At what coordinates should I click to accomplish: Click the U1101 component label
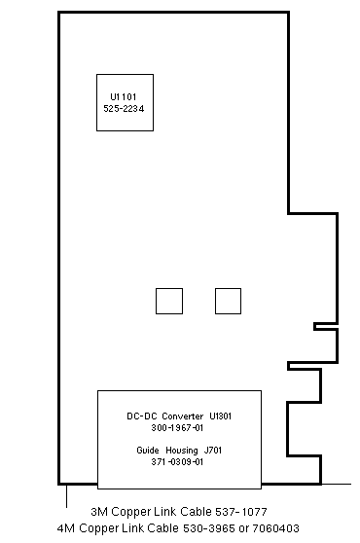(x=124, y=97)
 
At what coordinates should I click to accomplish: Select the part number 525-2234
(x=124, y=109)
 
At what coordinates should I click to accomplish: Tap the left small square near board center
(x=169, y=301)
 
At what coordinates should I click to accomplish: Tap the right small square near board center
(x=228, y=301)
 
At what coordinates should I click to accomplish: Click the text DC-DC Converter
(x=164, y=416)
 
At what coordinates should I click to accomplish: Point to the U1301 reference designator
(x=221, y=416)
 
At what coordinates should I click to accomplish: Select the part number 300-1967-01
(x=177, y=428)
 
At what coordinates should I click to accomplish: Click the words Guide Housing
(x=167, y=451)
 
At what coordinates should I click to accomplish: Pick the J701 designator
(x=212, y=451)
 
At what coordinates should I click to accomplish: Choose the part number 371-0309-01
(x=177, y=462)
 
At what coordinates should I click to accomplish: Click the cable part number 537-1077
(x=241, y=512)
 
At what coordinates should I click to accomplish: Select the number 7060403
(x=275, y=528)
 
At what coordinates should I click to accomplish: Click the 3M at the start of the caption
(x=99, y=512)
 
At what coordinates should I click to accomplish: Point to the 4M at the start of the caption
(x=66, y=528)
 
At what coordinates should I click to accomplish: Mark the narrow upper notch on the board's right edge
(x=325, y=326)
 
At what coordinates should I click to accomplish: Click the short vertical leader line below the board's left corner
(x=66, y=496)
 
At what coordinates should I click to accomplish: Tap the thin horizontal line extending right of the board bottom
(x=336, y=484)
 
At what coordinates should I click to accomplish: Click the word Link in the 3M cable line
(x=165, y=512)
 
